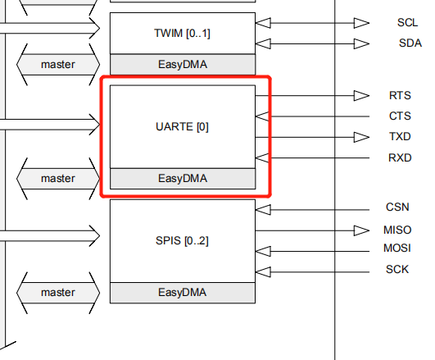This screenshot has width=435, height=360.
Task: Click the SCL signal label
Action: click(x=407, y=22)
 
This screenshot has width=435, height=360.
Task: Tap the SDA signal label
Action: click(x=410, y=43)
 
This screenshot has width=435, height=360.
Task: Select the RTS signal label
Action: click(x=400, y=96)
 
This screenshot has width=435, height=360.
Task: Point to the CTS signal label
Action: click(x=400, y=116)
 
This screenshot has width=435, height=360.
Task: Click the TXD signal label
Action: click(x=400, y=137)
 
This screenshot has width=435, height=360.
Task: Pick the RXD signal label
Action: click(x=400, y=157)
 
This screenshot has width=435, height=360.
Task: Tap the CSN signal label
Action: click(x=397, y=207)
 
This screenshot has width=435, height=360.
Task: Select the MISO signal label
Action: click(x=397, y=230)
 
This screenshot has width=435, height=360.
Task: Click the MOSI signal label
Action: click(x=397, y=248)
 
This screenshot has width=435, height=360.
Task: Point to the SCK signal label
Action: click(x=397, y=270)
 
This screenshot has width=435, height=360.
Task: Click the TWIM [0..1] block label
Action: click(x=182, y=34)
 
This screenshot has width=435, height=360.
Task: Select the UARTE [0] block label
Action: click(x=182, y=127)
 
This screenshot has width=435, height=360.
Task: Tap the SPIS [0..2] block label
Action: click(x=182, y=241)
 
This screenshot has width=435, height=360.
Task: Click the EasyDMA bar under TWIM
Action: click(x=183, y=65)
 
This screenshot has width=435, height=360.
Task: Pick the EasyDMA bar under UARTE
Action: click(x=183, y=179)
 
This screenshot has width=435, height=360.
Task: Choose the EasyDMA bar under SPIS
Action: click(x=183, y=293)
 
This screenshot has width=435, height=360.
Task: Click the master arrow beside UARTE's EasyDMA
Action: click(x=58, y=179)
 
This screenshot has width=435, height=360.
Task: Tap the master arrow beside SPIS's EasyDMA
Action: click(x=58, y=293)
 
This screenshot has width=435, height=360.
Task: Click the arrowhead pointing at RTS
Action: click(x=361, y=96)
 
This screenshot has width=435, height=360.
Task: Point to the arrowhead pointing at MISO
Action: click(x=361, y=230)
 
